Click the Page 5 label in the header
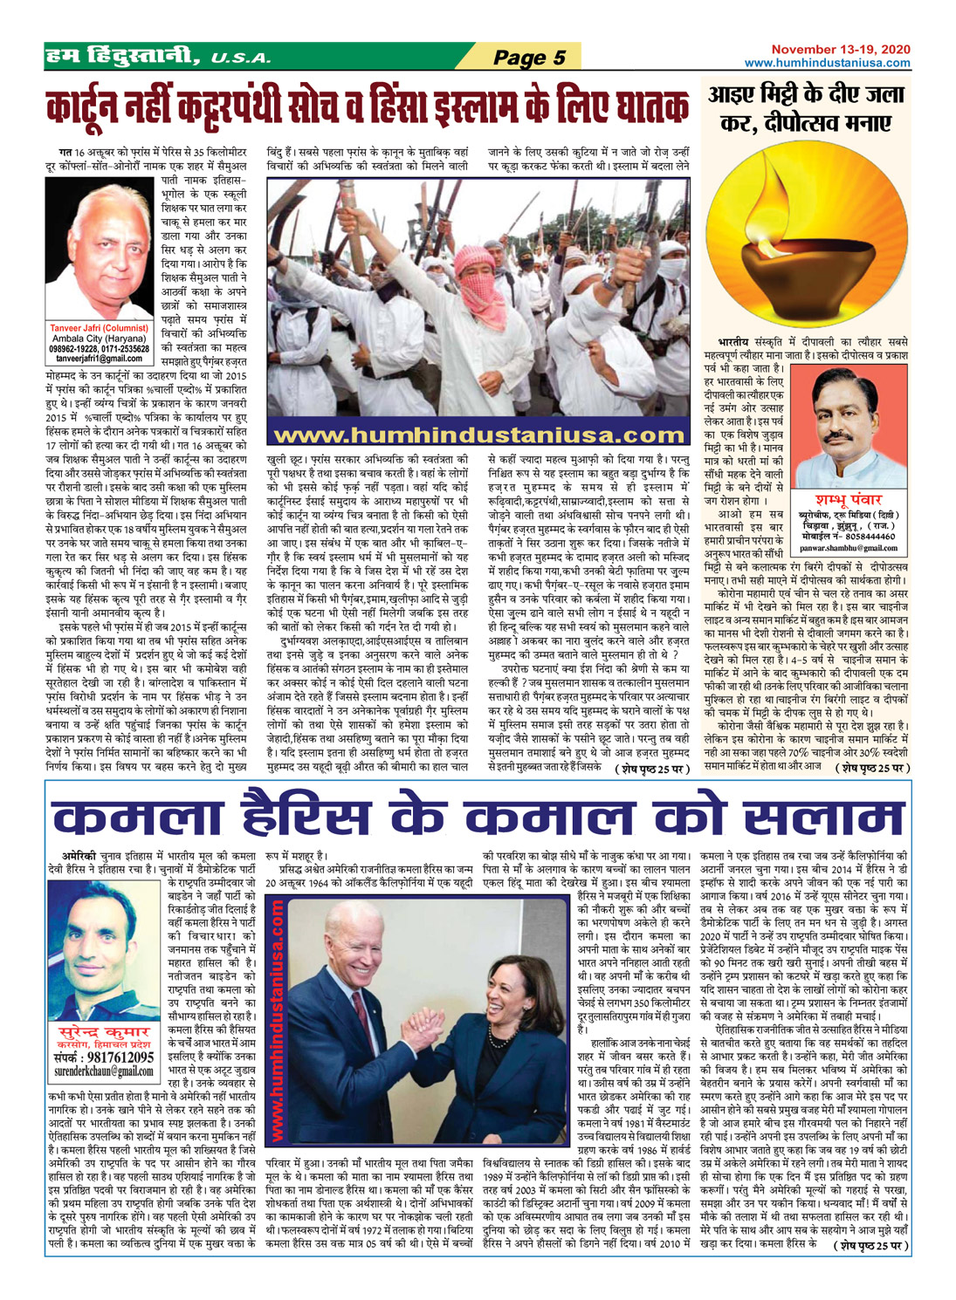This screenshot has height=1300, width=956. click(x=528, y=58)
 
